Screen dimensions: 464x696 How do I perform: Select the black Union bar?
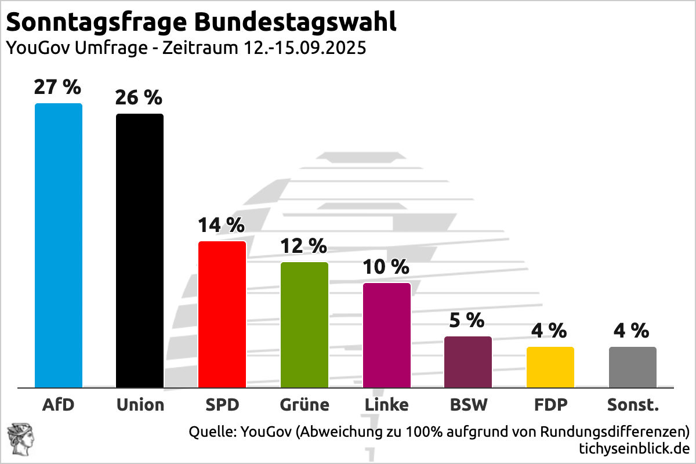[140, 251]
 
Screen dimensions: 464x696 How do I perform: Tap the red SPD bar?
[222, 314]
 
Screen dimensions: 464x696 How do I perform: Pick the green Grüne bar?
[304, 325]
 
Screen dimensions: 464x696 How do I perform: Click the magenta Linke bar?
[387, 335]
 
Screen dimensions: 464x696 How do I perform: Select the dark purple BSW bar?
[468, 362]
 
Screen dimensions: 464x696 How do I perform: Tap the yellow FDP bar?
[550, 367]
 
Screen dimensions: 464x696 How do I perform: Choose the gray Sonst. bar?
[633, 367]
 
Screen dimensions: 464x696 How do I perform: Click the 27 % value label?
[57, 87]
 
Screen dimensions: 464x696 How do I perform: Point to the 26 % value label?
[139, 97]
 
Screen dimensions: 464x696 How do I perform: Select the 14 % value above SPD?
[221, 225]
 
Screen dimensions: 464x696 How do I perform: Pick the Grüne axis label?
[304, 404]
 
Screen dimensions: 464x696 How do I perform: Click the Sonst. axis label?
[633, 404]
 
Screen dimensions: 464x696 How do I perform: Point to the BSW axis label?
[469, 404]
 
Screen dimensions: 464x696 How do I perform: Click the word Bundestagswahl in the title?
[295, 22]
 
